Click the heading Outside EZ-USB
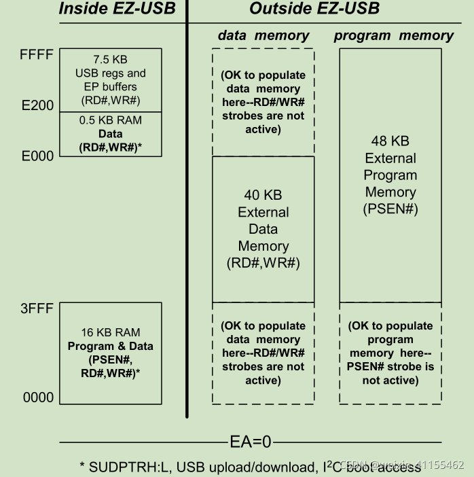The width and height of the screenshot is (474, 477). [314, 10]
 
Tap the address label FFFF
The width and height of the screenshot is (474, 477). [37, 54]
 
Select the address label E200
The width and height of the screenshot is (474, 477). [37, 105]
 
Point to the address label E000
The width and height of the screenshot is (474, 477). [37, 156]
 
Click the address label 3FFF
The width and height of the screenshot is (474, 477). [37, 309]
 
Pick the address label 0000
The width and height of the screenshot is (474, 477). [38, 397]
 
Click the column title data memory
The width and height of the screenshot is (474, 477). [263, 35]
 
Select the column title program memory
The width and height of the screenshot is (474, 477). [394, 35]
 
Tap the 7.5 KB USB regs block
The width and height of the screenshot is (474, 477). [111, 79]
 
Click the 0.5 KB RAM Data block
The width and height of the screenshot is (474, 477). [111, 134]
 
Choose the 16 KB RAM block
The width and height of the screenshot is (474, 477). [111, 353]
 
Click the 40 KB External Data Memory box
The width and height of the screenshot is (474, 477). [263, 229]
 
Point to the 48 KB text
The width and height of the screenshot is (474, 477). [390, 141]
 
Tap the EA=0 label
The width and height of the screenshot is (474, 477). [249, 442]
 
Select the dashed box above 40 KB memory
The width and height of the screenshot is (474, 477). [263, 102]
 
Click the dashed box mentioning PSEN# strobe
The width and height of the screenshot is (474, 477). [390, 353]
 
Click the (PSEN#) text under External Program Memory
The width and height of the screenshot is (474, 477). [390, 209]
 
